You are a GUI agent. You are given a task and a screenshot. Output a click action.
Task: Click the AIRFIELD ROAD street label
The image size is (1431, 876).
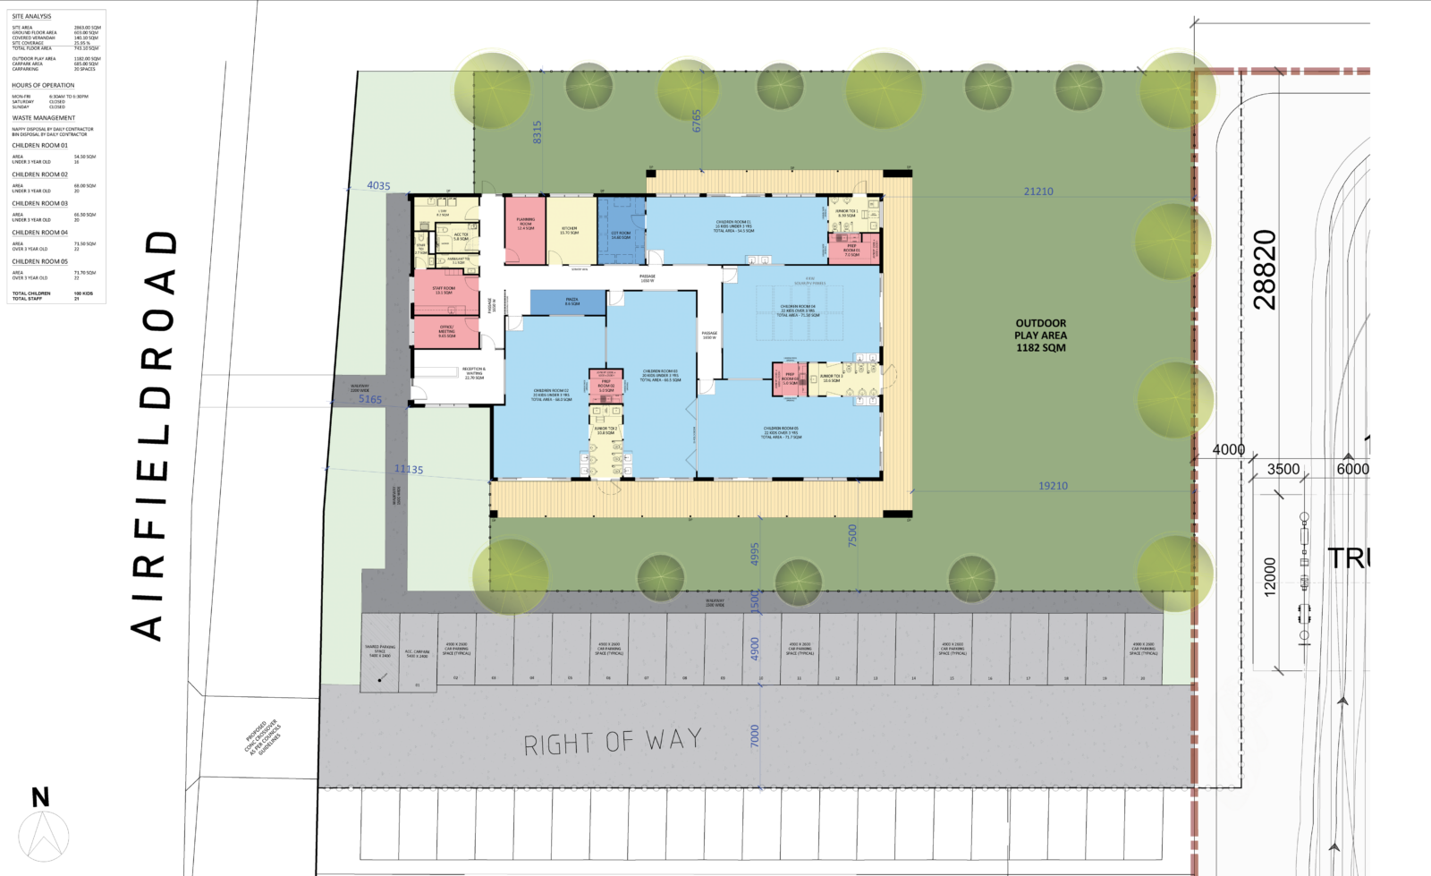point(152,435)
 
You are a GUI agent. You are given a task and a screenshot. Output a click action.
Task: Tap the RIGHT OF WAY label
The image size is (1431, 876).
point(613,742)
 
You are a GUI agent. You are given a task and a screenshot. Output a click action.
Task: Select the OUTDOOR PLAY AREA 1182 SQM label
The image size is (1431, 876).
point(1040,336)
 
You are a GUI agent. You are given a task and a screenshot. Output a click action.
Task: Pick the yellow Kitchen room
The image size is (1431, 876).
point(570,230)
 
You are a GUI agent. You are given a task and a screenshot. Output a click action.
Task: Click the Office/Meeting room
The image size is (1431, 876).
point(446,331)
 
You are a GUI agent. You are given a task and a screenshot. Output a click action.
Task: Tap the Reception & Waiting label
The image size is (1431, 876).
point(474,373)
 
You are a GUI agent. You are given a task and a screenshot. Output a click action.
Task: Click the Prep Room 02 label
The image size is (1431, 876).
point(606,386)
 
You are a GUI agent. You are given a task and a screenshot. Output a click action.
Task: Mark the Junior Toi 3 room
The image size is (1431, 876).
point(832,378)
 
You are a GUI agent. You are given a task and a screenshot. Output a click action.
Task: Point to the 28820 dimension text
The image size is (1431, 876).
point(1265,269)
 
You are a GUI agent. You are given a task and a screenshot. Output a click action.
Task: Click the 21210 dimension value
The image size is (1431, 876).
point(1038,191)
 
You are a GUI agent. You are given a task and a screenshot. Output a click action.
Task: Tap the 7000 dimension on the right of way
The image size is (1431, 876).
point(755,736)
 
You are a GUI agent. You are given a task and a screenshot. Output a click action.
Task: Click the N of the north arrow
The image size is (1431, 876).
point(40,797)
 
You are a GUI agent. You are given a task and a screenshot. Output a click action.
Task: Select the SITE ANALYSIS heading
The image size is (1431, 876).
point(31,16)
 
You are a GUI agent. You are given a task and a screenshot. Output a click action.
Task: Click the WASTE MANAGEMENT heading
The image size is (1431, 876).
point(43,118)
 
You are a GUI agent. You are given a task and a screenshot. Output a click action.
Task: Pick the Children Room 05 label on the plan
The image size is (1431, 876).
point(781,432)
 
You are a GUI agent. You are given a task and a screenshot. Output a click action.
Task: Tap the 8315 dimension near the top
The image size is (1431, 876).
point(538,132)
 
